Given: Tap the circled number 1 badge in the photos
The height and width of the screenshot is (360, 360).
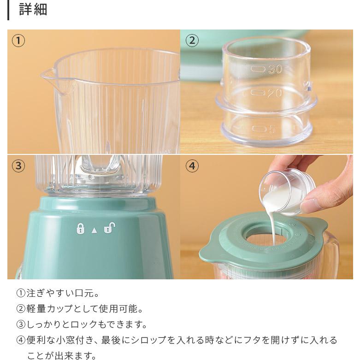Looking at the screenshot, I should tap(18, 41).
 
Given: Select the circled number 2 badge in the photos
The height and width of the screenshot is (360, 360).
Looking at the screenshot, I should tap(192, 41).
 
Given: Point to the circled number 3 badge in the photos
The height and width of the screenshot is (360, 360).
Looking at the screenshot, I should tap(18, 166).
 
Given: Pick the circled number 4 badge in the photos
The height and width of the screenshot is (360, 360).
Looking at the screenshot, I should tap(192, 166).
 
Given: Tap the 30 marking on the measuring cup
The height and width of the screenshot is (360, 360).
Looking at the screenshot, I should tap(275, 70).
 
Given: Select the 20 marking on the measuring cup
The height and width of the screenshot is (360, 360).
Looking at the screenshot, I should tap(275, 93).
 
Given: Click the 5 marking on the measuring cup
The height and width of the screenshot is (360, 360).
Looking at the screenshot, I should tap(271, 130).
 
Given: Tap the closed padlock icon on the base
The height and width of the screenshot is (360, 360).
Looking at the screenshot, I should tap(80, 228).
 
